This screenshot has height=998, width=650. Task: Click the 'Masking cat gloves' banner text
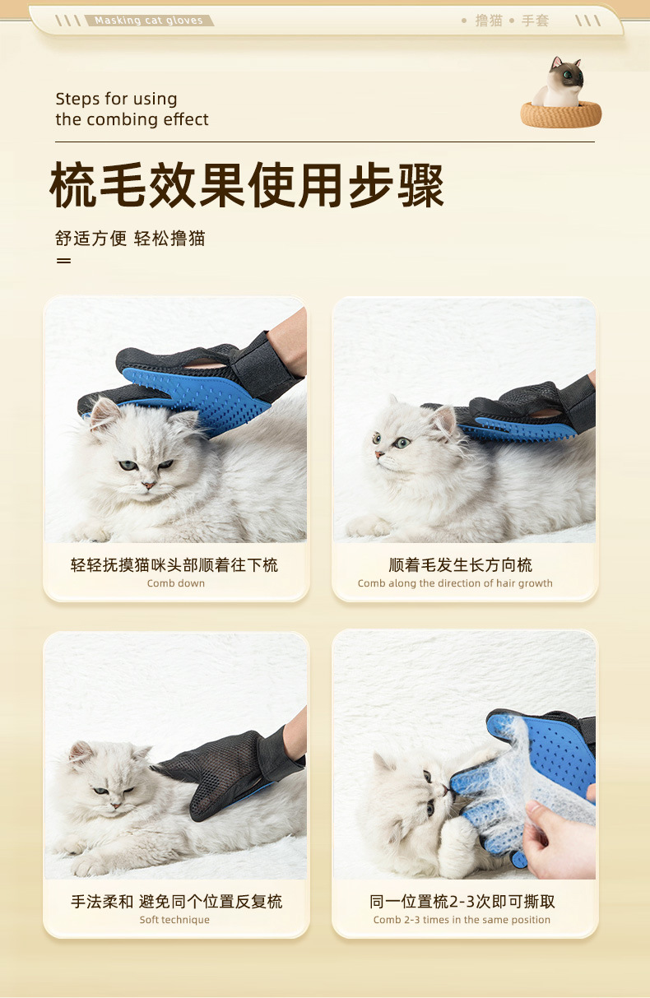coord(148,21)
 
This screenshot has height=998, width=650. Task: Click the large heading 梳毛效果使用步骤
coord(247,186)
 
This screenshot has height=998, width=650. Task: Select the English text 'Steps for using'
coord(116,99)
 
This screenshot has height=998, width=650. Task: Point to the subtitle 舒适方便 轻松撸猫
coord(130,239)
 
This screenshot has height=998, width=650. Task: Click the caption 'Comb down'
coord(176,583)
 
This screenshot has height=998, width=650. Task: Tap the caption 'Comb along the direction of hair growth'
coord(455,583)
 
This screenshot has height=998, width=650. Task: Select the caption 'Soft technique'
coord(174,920)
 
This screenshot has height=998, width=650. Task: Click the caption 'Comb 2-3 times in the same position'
coord(462,920)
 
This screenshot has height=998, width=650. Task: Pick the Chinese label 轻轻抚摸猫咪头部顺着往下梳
coord(174,564)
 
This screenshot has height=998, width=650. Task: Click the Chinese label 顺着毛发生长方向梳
coord(460,564)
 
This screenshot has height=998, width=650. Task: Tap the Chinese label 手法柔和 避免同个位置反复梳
coord(176,901)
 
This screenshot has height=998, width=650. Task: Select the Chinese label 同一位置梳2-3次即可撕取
coord(462,901)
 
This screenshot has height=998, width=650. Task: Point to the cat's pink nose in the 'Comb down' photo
coord(148,485)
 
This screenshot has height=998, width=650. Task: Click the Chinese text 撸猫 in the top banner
coord(489,21)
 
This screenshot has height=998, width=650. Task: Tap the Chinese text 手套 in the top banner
coord(535,21)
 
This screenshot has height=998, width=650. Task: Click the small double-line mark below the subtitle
coord(63,261)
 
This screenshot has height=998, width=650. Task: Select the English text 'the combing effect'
coord(132,119)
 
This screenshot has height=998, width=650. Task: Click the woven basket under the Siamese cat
coord(560,115)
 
